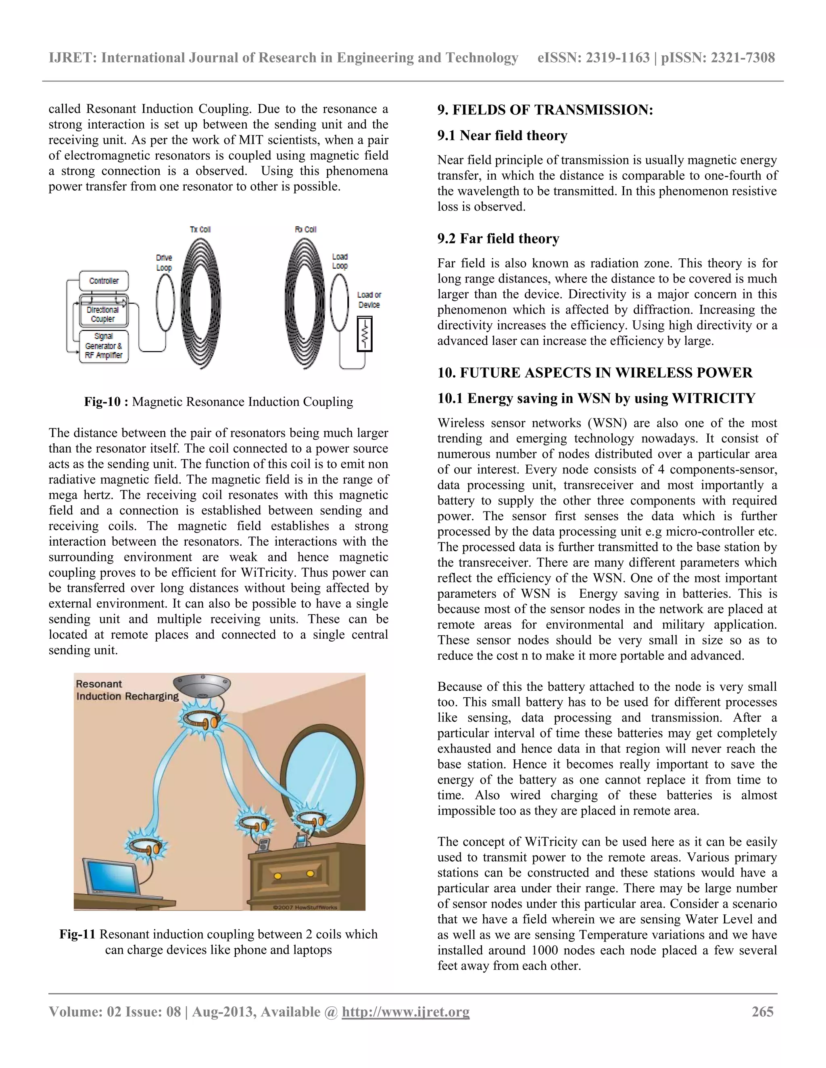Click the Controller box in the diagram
(x=104, y=281)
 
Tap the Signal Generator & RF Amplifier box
(x=104, y=346)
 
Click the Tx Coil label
(x=200, y=229)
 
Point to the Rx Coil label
(x=305, y=229)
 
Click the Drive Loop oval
(x=165, y=303)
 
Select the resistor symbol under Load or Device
(x=365, y=334)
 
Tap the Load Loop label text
(x=340, y=261)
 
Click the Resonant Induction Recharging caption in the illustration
(x=127, y=690)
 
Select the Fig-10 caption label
(x=106, y=402)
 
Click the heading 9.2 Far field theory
(x=498, y=239)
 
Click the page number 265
(x=762, y=1011)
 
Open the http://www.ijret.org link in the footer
(x=405, y=1012)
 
